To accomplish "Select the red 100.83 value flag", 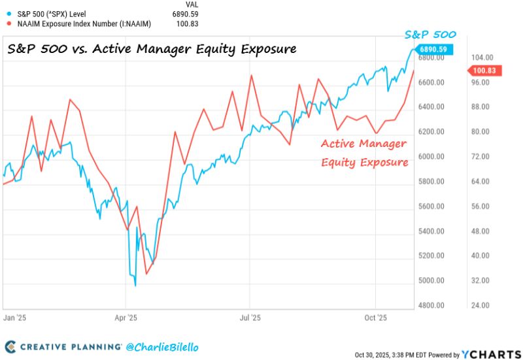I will [x=484, y=71].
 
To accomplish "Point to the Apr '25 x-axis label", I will [x=126, y=318].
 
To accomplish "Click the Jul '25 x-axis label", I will [x=250, y=318].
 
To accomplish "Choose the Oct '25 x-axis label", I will [x=375, y=318].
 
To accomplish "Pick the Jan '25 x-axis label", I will [x=14, y=318].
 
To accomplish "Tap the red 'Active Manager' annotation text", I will [x=363, y=144].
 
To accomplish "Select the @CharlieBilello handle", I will [x=161, y=346].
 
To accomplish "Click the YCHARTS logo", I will [x=491, y=353].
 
